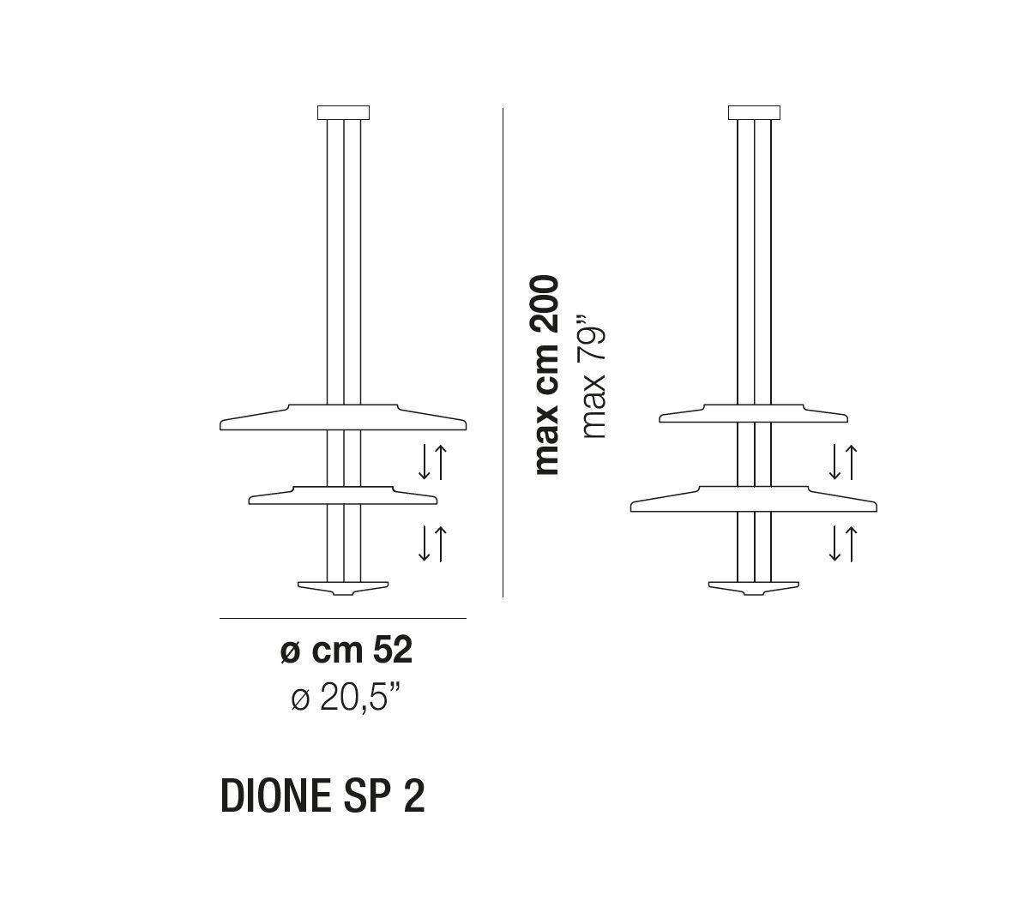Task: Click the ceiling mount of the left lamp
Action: (343, 113)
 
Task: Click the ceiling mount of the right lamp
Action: (754, 113)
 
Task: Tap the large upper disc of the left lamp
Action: (343, 417)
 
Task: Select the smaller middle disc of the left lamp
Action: (343, 495)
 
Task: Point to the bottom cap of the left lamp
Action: (343, 588)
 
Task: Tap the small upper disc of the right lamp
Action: (754, 414)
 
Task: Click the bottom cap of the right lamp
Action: (754, 588)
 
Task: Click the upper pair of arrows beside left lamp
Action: (432, 462)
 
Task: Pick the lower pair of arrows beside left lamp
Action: (432, 543)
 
